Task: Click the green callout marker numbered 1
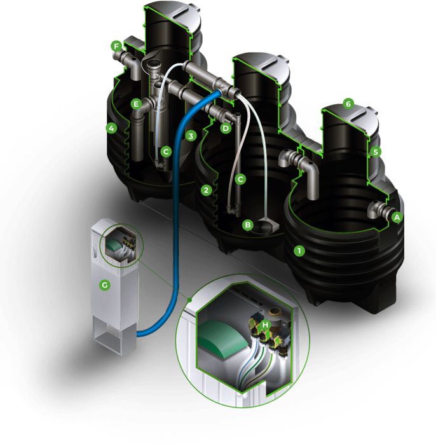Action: [x=299, y=251]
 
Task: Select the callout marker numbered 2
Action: [x=206, y=190]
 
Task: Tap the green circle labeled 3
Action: [x=191, y=135]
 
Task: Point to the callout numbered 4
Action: [x=111, y=128]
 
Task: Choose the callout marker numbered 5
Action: [x=376, y=152]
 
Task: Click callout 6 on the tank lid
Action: [x=348, y=104]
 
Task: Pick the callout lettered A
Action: [x=397, y=217]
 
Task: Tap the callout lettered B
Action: [x=248, y=225]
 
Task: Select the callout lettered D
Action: [x=226, y=128]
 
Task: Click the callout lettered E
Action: [x=136, y=104]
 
